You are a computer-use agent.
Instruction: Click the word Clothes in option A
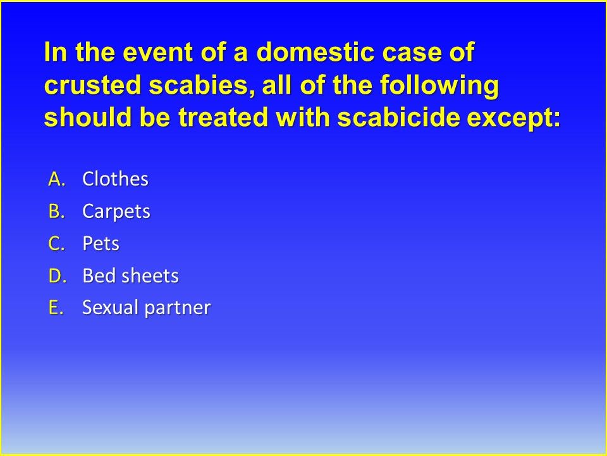[x=115, y=180]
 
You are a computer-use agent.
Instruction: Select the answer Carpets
[x=116, y=212]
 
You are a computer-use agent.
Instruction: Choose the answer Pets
[x=101, y=244]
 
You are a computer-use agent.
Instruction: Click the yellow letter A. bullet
[x=57, y=180]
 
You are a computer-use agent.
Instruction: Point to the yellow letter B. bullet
[x=57, y=212]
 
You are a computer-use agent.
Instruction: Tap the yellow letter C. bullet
[x=57, y=244]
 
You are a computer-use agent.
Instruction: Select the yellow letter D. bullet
[x=57, y=276]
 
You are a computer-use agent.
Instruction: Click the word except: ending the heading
[x=514, y=118]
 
